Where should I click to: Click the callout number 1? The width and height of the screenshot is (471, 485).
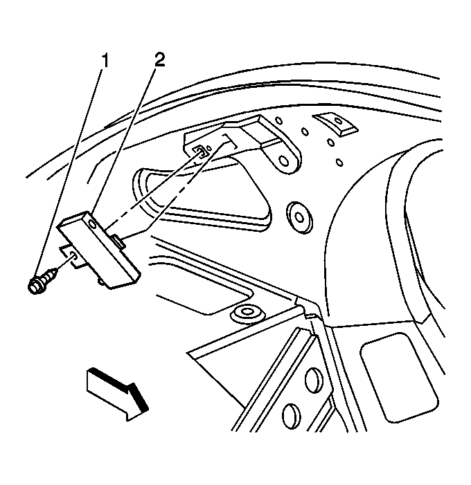coord(105,60)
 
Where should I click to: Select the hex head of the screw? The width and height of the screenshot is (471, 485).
coord(35,286)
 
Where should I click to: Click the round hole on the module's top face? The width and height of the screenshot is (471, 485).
coord(91,223)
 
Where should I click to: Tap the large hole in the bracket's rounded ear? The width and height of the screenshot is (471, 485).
coord(283,161)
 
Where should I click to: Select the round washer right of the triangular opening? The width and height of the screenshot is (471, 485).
coord(299,218)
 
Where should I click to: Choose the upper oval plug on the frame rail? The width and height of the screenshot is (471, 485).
coord(313,381)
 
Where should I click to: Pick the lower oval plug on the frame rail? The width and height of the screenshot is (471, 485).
coord(292,416)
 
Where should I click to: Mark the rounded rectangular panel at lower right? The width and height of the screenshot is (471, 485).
coord(399,377)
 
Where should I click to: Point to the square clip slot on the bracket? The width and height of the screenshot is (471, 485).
coord(199,152)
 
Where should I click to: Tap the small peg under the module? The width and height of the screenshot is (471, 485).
coord(100,281)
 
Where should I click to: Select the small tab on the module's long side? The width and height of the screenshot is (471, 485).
coord(118,241)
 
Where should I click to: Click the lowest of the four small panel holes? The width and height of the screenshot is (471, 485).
coord(339,162)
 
